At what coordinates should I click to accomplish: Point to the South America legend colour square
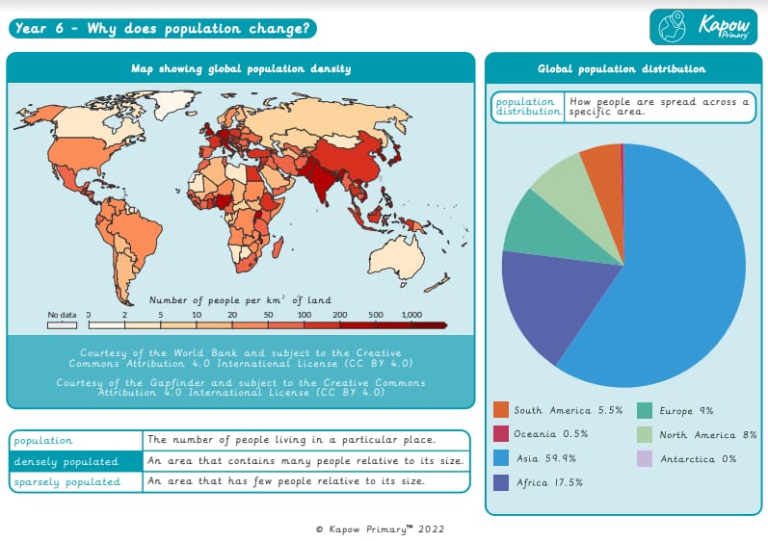500,410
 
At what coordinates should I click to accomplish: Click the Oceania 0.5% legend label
550,434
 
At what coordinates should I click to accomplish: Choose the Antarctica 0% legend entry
699,458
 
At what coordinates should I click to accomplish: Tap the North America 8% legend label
708,434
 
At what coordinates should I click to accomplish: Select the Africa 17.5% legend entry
548,482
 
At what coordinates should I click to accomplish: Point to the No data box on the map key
62,325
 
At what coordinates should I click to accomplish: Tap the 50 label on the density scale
268,315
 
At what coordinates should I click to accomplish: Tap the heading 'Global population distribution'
622,69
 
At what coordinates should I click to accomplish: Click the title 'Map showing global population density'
241,68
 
